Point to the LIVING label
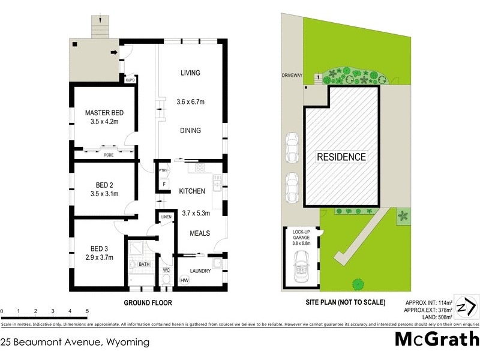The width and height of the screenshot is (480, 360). [x=190, y=73]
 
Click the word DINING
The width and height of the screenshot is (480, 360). [x=190, y=131]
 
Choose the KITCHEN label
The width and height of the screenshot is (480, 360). [x=192, y=191]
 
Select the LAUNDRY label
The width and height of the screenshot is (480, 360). [x=200, y=271]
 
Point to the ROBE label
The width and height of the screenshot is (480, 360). [x=109, y=155]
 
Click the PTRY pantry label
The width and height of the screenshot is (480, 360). [x=162, y=171]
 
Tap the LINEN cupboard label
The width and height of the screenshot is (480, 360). [x=166, y=217]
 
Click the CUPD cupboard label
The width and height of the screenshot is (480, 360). [x=130, y=80]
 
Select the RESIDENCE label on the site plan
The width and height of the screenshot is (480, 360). [x=341, y=157]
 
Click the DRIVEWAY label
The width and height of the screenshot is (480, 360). [x=293, y=76]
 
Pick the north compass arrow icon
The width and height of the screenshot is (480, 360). [x=466, y=308]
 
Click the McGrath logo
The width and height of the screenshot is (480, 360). [x=436, y=339]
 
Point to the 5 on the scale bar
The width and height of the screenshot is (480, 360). [x=88, y=311]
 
